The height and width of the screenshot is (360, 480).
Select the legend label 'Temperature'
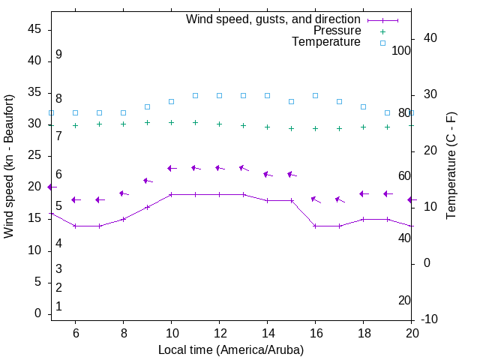tap(326, 42)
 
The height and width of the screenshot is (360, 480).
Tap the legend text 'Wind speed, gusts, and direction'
tap(274, 19)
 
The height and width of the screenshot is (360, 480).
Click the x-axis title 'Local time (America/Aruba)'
tap(231, 349)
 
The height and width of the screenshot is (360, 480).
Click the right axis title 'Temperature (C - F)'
tap(451, 166)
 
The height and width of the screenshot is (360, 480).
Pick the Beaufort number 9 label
tap(58, 55)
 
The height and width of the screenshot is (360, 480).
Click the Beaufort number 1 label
tap(58, 306)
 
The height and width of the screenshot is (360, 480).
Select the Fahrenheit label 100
tap(401, 50)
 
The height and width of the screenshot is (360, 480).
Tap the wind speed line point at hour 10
tap(171, 194)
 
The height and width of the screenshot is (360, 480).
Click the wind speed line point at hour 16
tap(315, 226)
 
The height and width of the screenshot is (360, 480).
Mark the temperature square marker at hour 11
tap(195, 95)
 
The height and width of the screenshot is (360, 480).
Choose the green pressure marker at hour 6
tap(75, 125)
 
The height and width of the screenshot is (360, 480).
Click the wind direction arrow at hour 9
tap(147, 181)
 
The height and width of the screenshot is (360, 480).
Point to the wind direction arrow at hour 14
tap(267, 175)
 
